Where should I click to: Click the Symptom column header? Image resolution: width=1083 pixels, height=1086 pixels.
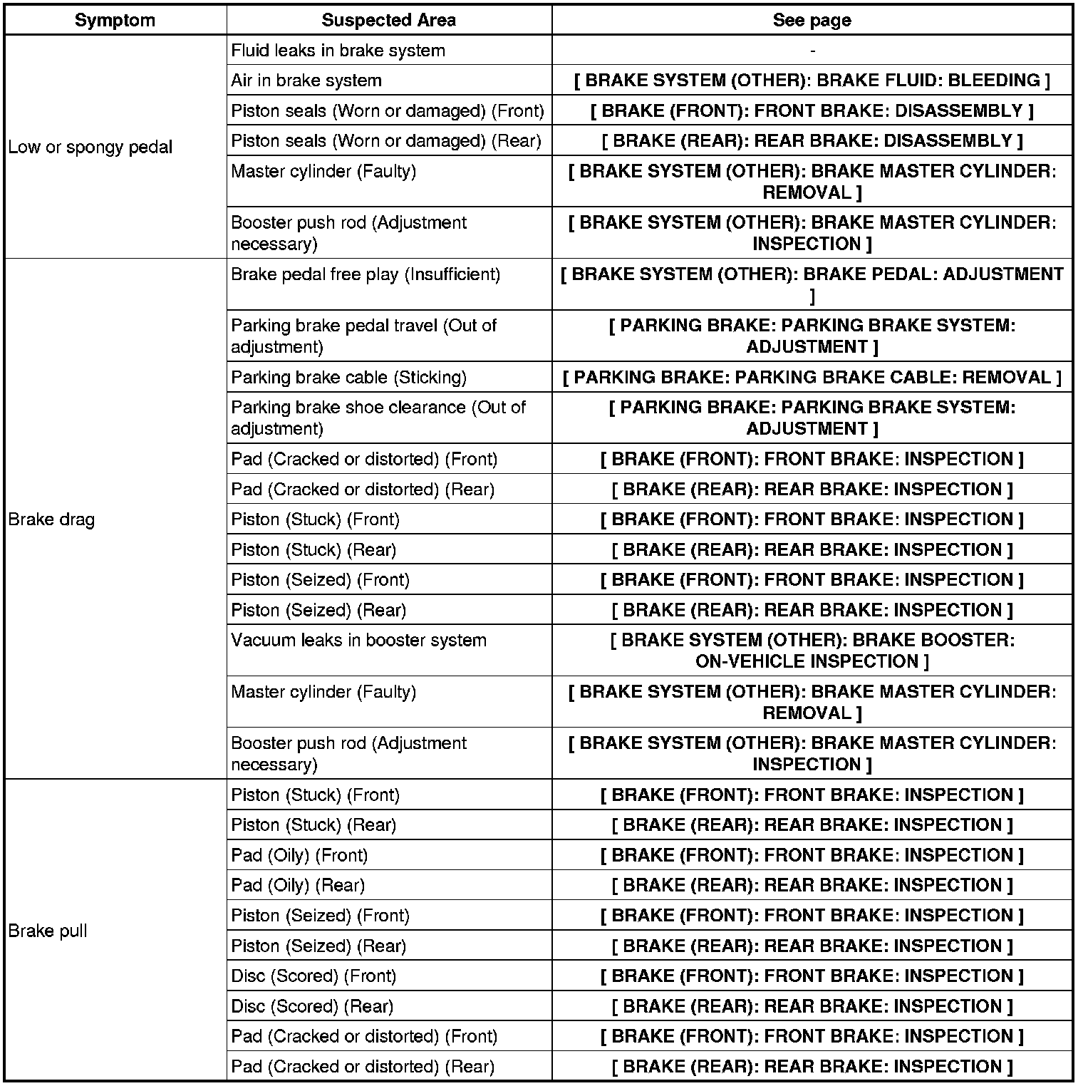tap(115, 20)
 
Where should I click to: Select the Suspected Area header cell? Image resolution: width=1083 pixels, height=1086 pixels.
tap(388, 20)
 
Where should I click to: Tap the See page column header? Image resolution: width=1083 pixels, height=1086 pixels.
tap(812, 20)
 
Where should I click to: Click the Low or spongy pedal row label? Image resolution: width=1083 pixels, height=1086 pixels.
tap(90, 148)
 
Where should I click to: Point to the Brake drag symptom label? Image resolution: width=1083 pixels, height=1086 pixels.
tap(51, 519)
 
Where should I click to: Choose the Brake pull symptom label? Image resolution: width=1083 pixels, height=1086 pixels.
tap(48, 931)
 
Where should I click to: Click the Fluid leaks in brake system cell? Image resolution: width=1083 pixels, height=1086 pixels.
tap(338, 51)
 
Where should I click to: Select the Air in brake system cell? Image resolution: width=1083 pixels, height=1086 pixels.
tap(306, 81)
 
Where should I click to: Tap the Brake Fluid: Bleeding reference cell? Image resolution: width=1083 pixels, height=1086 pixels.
tap(812, 81)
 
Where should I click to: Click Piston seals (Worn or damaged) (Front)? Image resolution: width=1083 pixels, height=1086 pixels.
tap(388, 111)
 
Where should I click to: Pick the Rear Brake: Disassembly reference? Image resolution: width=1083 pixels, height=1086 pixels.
tap(812, 141)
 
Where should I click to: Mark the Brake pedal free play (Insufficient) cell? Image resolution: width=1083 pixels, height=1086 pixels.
tap(366, 274)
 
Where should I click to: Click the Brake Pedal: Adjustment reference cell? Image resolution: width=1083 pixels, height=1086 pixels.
tap(812, 284)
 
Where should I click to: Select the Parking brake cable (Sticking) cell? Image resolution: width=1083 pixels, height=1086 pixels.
tap(349, 377)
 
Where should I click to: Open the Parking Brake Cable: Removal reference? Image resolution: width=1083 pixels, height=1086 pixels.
tap(812, 377)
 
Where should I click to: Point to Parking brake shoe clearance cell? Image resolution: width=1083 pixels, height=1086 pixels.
tap(378, 418)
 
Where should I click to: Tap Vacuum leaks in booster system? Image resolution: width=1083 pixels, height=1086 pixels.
tap(358, 640)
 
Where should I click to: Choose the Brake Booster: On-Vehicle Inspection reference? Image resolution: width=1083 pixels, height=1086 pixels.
tap(812, 651)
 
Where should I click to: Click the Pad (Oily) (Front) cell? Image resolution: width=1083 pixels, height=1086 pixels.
tap(299, 855)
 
